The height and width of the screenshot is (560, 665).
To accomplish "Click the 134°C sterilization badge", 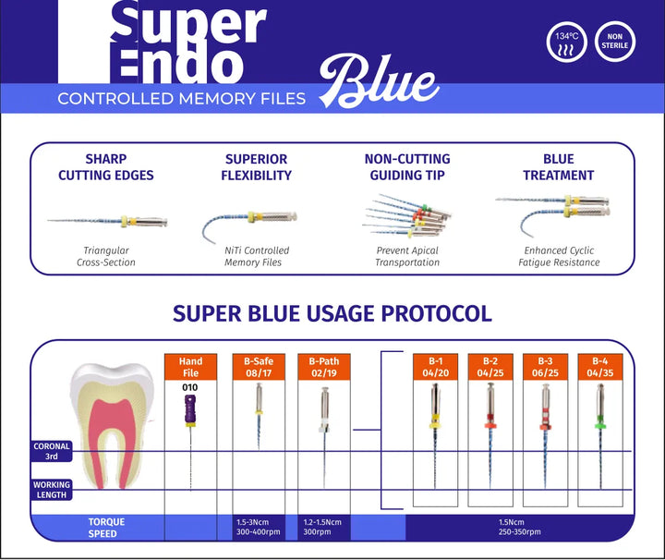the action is (x=566, y=42).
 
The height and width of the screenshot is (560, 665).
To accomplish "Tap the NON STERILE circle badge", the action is (x=615, y=42).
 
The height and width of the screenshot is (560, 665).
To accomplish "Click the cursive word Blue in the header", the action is (x=379, y=81).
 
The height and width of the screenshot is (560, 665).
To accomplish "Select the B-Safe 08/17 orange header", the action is (x=259, y=367).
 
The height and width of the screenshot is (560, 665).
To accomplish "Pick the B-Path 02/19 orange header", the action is (x=324, y=367).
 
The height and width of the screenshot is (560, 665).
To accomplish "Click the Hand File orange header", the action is (x=190, y=367).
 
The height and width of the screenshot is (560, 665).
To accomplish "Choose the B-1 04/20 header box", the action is (x=436, y=367).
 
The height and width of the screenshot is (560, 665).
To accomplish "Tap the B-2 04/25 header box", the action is (x=490, y=367).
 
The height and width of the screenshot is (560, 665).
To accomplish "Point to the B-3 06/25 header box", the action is (x=546, y=367).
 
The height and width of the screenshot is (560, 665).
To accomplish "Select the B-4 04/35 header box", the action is (x=600, y=367).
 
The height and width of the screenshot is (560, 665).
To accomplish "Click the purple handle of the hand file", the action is (x=190, y=409).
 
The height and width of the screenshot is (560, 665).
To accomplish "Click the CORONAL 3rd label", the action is (x=52, y=451).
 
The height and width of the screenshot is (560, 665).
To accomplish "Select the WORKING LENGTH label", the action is (x=52, y=490).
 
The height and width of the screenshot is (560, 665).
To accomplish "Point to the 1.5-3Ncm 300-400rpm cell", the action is (x=259, y=528).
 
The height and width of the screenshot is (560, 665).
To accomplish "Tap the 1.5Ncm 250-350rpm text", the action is (x=519, y=527).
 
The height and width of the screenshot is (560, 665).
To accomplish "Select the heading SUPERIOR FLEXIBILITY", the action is (x=256, y=167).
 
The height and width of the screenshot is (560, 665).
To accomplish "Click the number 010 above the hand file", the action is (x=190, y=387).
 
